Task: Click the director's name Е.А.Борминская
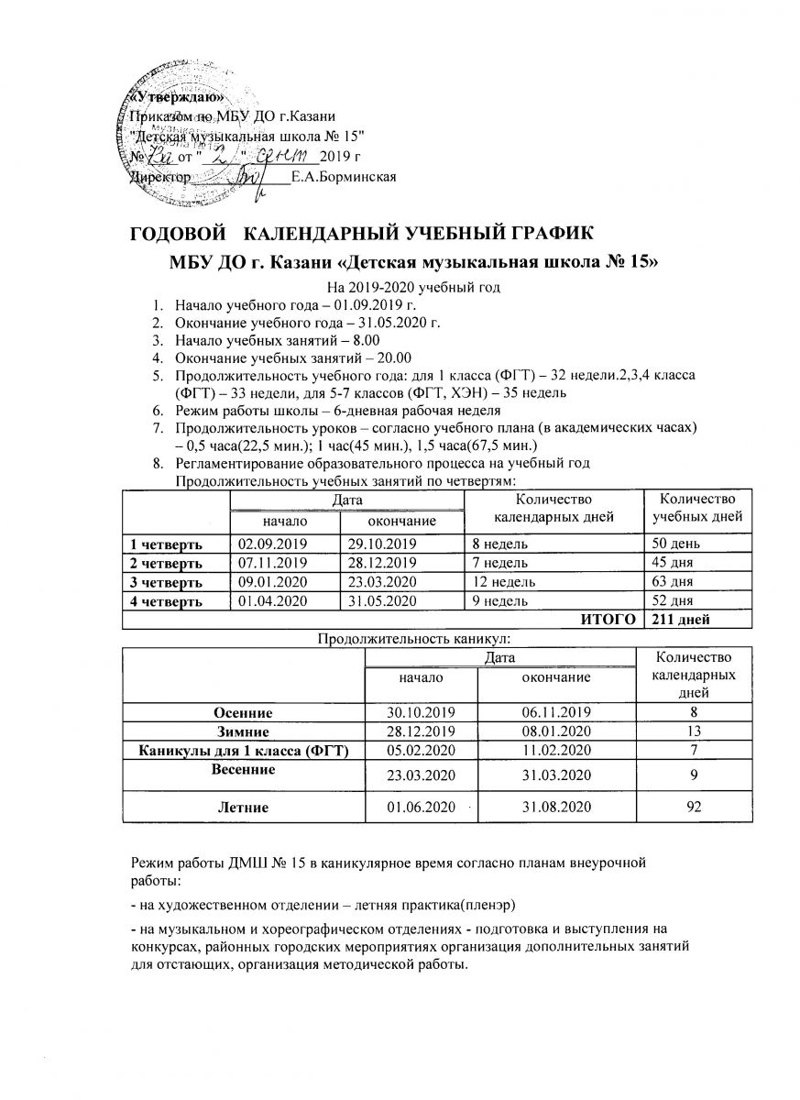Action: click(x=344, y=176)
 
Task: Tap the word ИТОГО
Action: click(x=609, y=620)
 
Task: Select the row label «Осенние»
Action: click(x=243, y=712)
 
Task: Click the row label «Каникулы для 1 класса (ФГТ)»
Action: click(x=242, y=751)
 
